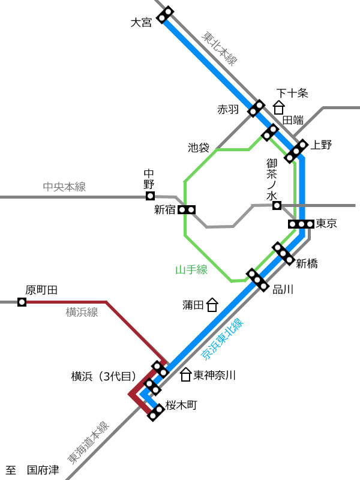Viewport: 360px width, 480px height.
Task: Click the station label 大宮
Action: pos(141,22)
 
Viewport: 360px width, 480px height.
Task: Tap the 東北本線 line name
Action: pos(219,49)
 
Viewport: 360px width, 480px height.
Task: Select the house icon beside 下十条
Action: pos(279,108)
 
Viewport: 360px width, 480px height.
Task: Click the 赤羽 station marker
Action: pos(256,108)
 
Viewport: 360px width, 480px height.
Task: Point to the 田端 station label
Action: pos(293,120)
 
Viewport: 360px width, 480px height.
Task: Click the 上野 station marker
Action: pos(296,151)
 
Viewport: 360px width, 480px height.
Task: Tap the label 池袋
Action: pos(199,148)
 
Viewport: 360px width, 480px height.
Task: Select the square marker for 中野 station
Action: pos(150,196)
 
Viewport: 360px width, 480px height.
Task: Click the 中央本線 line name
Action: pos(64,187)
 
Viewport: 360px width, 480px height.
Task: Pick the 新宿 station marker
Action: pos(187,210)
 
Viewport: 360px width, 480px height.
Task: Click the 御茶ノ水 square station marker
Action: pos(277,205)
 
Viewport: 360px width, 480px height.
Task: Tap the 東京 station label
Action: pos(326,223)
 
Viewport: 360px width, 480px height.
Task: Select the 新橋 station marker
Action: pos(283,253)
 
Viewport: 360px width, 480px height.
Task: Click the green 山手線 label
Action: pos(191,269)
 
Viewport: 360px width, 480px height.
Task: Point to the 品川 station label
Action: pos(283,289)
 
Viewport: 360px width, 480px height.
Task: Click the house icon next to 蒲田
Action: pos(212,305)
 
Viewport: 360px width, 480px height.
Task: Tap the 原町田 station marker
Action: pos(22,302)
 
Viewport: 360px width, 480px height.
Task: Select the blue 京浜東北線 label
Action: pos(222,339)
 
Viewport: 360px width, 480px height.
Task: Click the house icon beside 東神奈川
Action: pos(185,375)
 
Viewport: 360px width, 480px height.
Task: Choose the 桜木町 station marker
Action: pos(156,412)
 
